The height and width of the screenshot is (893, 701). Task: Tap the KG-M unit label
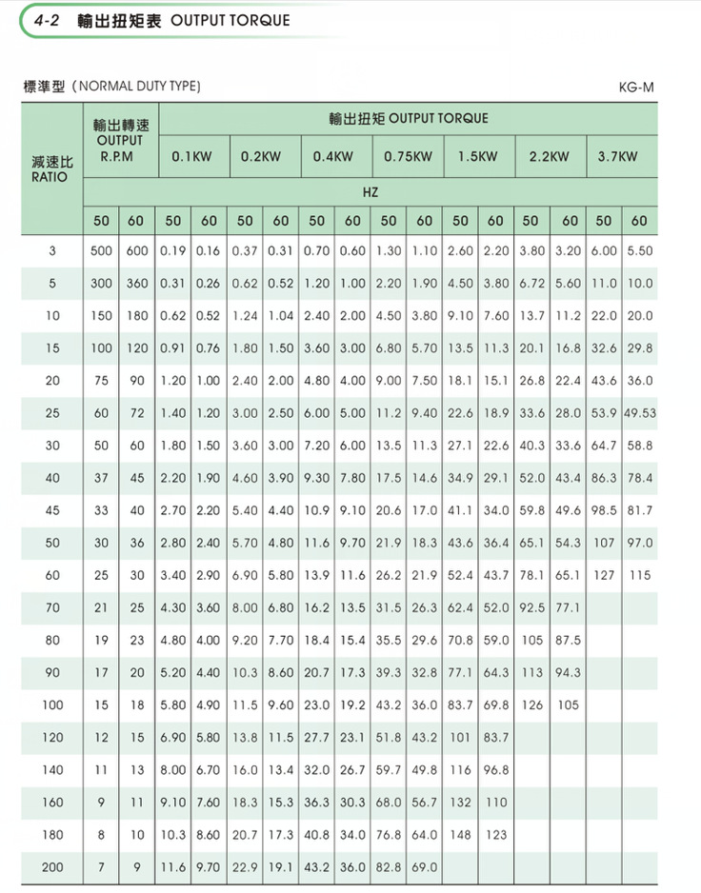click(x=635, y=88)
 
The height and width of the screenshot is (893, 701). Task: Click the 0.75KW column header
click(x=408, y=156)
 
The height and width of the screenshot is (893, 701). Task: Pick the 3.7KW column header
click(x=616, y=156)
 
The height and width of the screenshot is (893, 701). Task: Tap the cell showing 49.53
click(x=640, y=413)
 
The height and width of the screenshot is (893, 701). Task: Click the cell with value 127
click(x=603, y=575)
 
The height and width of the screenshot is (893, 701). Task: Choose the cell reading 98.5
click(x=603, y=510)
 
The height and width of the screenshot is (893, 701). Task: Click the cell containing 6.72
click(x=531, y=284)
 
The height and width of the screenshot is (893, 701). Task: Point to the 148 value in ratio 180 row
click(x=460, y=834)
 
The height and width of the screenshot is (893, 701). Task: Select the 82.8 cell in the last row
click(x=389, y=866)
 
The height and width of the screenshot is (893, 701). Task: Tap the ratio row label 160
click(x=52, y=802)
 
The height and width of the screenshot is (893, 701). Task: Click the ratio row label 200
click(x=52, y=866)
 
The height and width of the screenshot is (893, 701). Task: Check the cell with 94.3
click(x=568, y=672)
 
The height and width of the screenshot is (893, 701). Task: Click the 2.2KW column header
click(x=550, y=156)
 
